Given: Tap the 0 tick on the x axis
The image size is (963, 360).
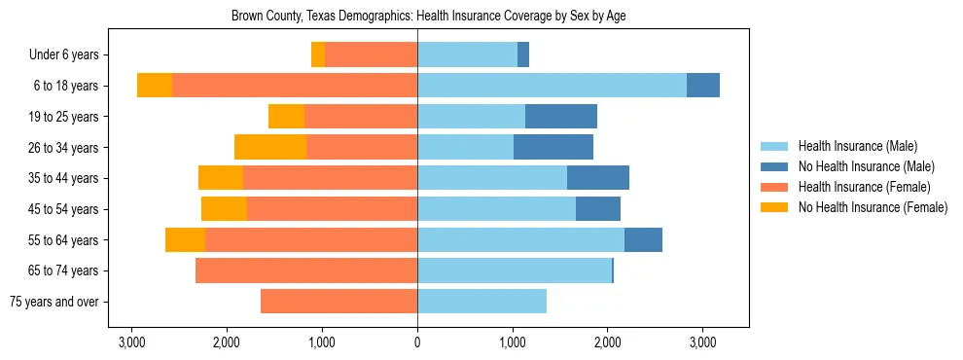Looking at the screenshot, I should click(x=417, y=342).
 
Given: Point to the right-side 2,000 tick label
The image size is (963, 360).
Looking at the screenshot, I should click(x=608, y=342).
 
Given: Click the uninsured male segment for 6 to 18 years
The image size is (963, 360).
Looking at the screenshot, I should click(x=703, y=86).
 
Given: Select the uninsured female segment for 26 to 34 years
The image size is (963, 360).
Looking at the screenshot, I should click(x=270, y=147).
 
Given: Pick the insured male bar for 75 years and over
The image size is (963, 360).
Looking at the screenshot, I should click(x=481, y=302).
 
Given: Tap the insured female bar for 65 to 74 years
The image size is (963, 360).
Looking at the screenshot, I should click(x=306, y=270).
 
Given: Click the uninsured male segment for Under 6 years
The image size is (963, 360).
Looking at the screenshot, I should click(x=523, y=55).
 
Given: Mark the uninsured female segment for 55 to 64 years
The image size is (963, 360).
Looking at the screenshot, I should click(x=185, y=239).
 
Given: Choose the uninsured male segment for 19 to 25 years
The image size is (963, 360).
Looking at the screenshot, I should click(x=561, y=117).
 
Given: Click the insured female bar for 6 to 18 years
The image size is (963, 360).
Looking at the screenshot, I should click(x=295, y=86).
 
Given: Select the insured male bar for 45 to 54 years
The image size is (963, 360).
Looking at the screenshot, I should click(x=496, y=209).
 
